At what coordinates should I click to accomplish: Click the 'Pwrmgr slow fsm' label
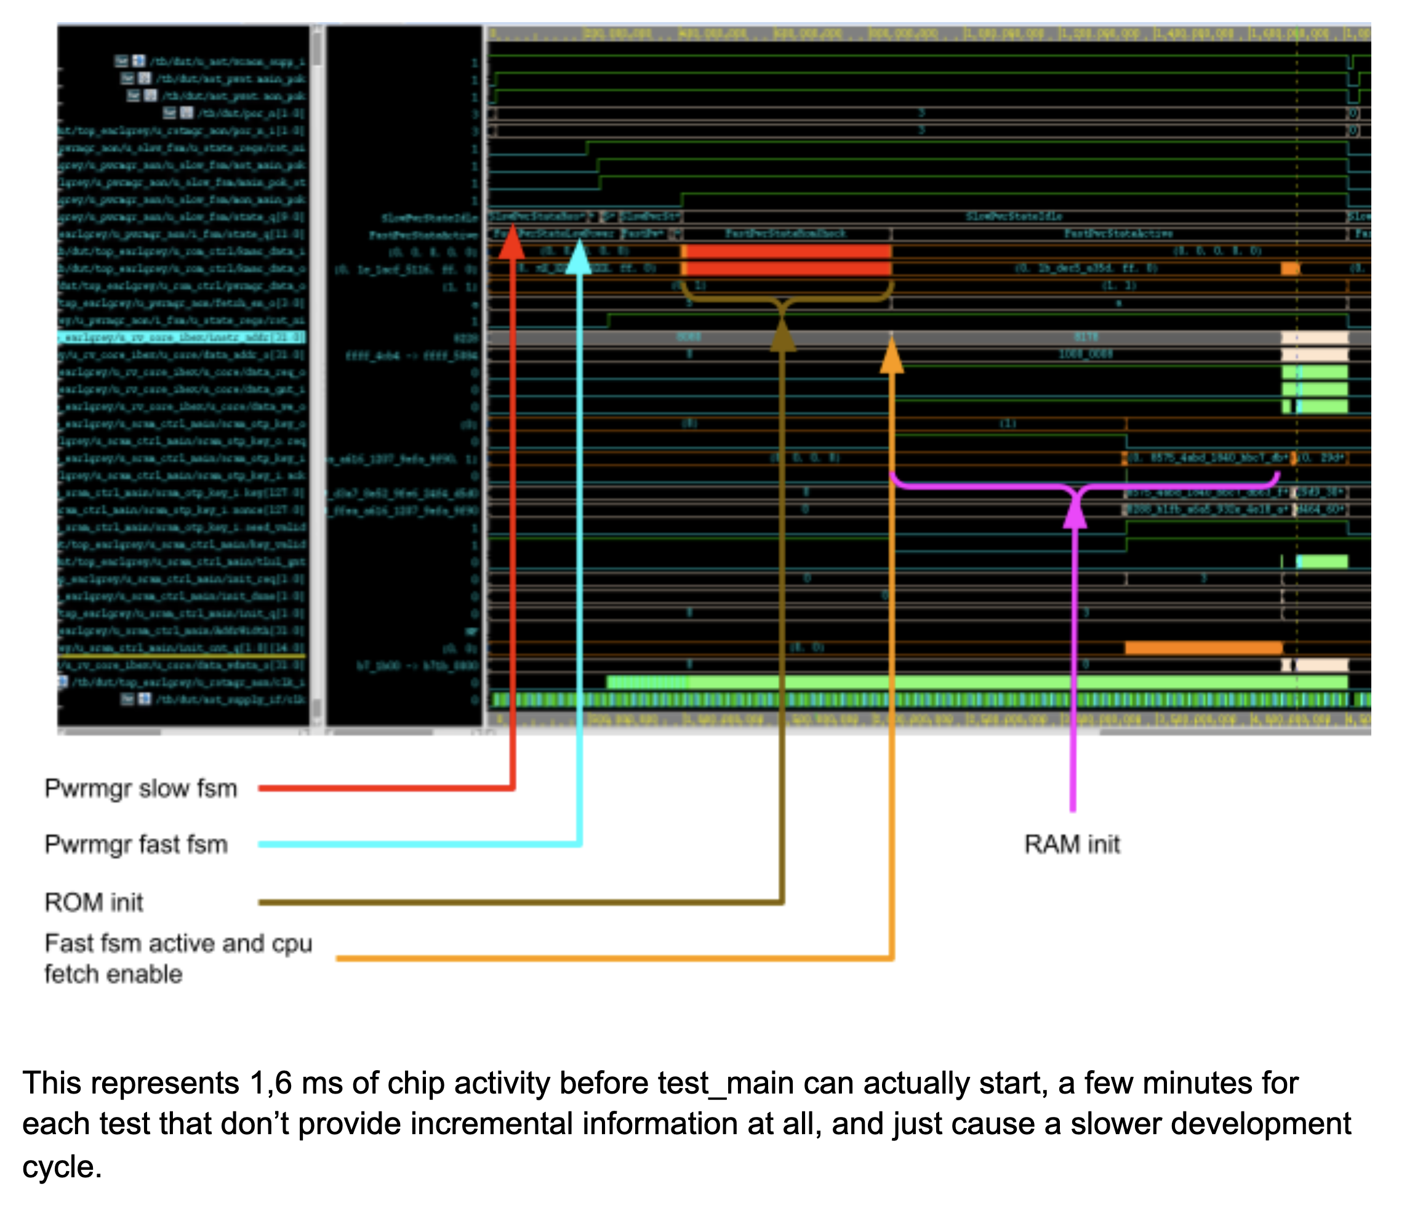tap(140, 789)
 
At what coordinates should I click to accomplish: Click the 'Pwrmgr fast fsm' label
tap(136, 844)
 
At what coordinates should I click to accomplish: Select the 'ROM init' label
tap(94, 903)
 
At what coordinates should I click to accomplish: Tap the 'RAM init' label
tap(1072, 844)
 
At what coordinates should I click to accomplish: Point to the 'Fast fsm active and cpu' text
tap(178, 943)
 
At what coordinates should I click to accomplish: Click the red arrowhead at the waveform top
tap(512, 242)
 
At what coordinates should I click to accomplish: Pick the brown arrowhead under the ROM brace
tap(782, 336)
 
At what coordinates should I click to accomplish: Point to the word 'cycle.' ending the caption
tap(62, 1167)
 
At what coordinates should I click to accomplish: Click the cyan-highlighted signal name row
tap(182, 337)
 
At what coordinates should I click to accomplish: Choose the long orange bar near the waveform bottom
tap(1203, 648)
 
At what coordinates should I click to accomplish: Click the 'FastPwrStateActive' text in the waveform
tap(1118, 233)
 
